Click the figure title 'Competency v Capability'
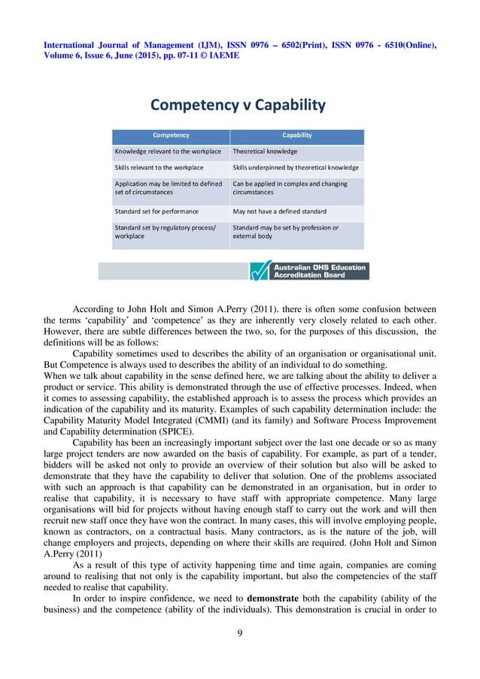(x=239, y=105)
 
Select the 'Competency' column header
(x=172, y=136)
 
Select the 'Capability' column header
(x=296, y=136)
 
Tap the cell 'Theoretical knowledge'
(x=265, y=151)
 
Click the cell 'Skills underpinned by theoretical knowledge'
(x=296, y=167)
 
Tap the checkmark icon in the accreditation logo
(x=260, y=270)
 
